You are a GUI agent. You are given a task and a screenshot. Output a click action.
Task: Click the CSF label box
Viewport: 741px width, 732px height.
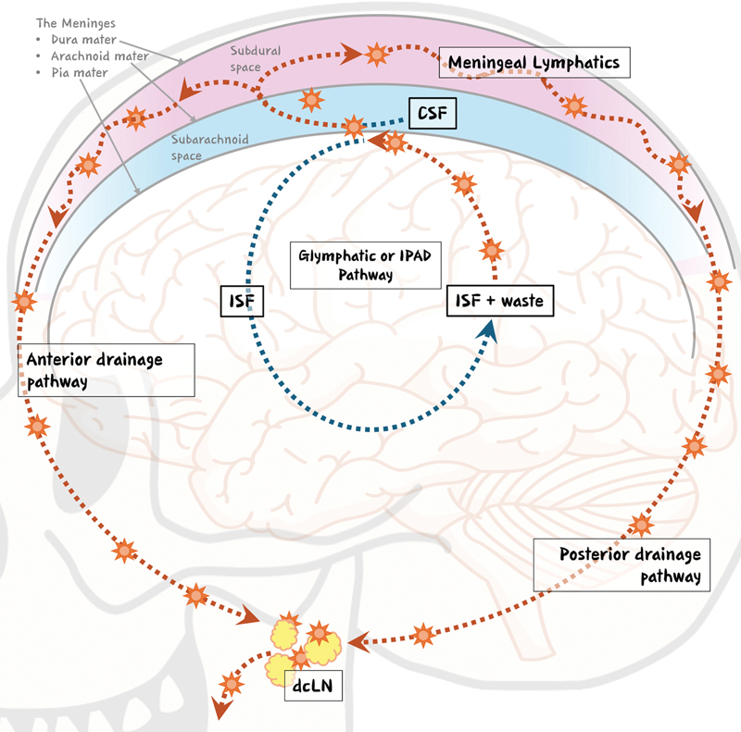click(x=433, y=113)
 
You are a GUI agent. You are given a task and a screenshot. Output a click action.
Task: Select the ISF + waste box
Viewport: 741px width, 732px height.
click(x=500, y=301)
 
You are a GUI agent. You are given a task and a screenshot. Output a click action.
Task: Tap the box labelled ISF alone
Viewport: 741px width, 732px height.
click(x=242, y=301)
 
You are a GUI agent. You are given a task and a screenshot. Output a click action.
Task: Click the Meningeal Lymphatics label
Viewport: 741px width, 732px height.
click(x=534, y=62)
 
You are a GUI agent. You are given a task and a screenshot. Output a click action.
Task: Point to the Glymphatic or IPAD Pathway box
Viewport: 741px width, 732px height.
click(x=365, y=266)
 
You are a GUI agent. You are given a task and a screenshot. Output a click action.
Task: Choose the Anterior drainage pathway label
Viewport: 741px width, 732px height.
click(x=107, y=370)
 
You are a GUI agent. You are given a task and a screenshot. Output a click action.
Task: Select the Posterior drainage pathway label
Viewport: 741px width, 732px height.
click(x=622, y=565)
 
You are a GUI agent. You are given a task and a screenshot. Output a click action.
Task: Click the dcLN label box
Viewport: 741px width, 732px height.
click(x=313, y=685)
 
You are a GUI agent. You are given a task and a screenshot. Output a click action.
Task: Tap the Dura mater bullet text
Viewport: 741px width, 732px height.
click(x=83, y=40)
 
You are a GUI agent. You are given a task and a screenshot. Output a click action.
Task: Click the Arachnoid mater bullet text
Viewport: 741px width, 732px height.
click(x=100, y=56)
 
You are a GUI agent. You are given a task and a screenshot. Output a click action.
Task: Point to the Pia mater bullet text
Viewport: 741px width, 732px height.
click(x=80, y=73)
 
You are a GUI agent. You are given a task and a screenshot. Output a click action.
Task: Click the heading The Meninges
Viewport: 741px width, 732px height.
click(x=76, y=23)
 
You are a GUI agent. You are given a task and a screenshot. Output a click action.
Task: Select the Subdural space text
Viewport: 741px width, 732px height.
click(x=256, y=59)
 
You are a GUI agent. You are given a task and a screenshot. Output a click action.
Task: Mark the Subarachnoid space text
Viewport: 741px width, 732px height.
click(x=209, y=147)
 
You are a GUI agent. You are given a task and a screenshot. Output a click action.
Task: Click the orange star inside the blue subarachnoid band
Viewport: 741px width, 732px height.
click(x=311, y=100)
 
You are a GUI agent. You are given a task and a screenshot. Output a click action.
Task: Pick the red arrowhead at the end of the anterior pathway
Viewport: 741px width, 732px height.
click(x=249, y=614)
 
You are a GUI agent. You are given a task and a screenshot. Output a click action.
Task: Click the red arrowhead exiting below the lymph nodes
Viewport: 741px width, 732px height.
click(x=221, y=708)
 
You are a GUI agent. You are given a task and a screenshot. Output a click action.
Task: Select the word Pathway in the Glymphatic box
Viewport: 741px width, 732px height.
click(x=365, y=276)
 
